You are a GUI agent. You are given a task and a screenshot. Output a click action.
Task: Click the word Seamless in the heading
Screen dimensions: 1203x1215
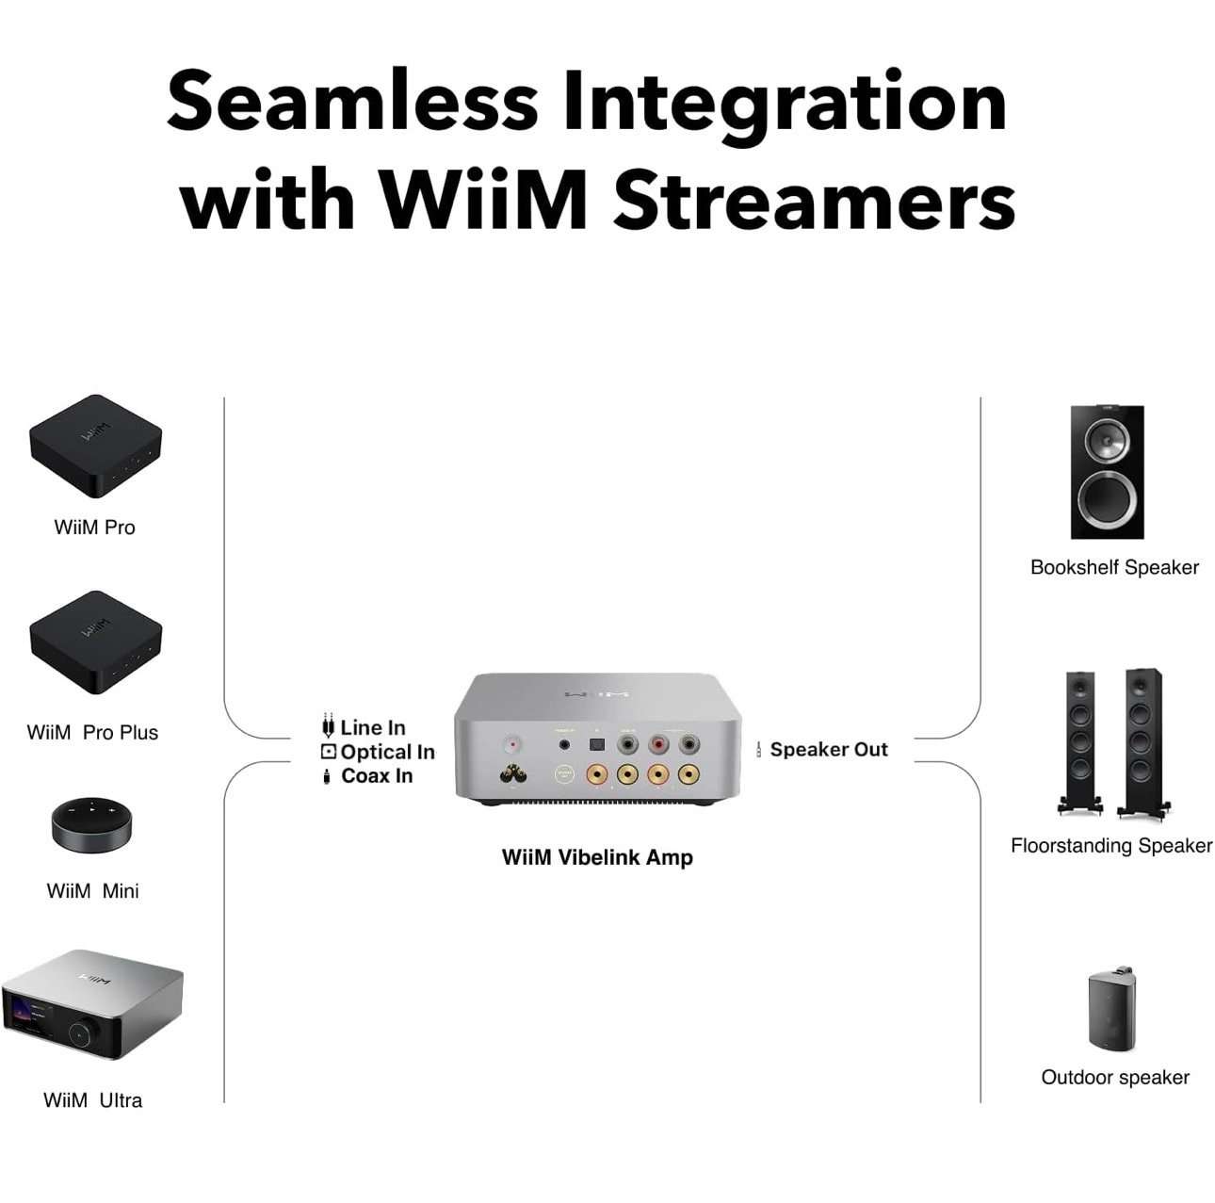(x=352, y=102)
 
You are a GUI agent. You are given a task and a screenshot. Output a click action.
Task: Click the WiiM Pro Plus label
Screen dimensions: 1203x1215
(x=92, y=732)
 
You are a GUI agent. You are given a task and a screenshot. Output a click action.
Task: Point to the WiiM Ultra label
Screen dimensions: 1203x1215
(x=92, y=1100)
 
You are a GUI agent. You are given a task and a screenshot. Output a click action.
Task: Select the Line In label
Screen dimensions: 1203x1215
(x=372, y=727)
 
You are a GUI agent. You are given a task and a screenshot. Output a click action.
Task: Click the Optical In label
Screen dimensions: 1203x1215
(x=387, y=752)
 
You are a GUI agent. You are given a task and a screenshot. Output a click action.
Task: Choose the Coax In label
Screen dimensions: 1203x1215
(x=376, y=776)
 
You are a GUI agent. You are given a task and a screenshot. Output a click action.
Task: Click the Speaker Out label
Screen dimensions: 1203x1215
(x=829, y=750)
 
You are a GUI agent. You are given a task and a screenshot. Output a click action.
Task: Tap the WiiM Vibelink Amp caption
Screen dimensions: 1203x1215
(x=597, y=857)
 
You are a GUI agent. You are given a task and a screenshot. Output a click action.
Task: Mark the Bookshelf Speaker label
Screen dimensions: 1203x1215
(x=1114, y=567)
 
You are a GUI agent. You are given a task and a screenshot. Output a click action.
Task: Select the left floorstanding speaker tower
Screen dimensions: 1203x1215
(x=1080, y=740)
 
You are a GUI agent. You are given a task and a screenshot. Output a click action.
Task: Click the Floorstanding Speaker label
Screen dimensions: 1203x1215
(x=1111, y=846)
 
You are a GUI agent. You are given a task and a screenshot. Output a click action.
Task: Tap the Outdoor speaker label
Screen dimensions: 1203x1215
(x=1115, y=1078)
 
